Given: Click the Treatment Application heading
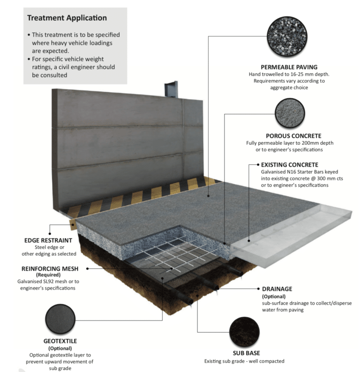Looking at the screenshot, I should [67, 18].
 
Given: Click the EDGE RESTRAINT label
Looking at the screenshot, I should [45, 240].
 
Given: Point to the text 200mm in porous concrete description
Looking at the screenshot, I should [309, 143].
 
